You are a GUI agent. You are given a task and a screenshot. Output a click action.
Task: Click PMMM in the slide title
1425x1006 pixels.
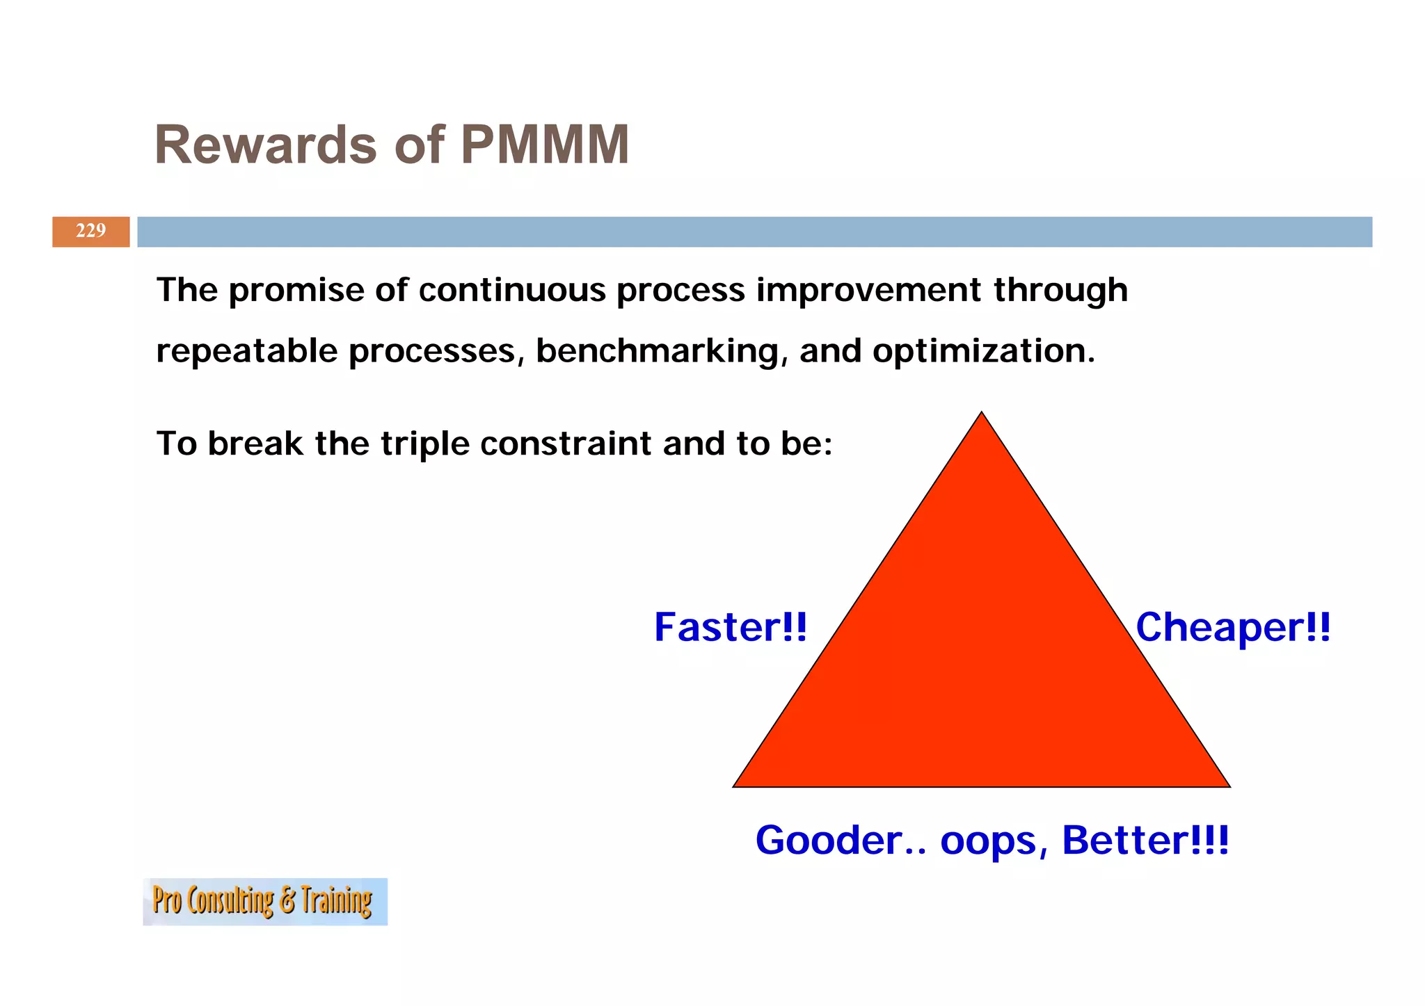(545, 145)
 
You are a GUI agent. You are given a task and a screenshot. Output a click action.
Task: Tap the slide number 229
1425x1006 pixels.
(90, 231)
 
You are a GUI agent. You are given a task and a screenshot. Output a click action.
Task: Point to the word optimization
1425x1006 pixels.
(983, 351)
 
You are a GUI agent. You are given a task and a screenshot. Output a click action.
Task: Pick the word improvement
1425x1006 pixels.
(868, 290)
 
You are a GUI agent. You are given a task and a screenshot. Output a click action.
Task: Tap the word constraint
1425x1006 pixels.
(565, 444)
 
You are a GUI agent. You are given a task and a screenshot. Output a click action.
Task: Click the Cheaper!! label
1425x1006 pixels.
(1232, 627)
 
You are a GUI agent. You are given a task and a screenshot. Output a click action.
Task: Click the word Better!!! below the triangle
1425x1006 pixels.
(1145, 841)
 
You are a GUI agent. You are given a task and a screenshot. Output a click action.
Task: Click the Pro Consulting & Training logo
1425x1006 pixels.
(264, 901)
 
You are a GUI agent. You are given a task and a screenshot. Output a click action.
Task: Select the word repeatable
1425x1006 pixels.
(246, 351)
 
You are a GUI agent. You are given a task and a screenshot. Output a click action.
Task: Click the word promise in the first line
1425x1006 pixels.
(295, 291)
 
